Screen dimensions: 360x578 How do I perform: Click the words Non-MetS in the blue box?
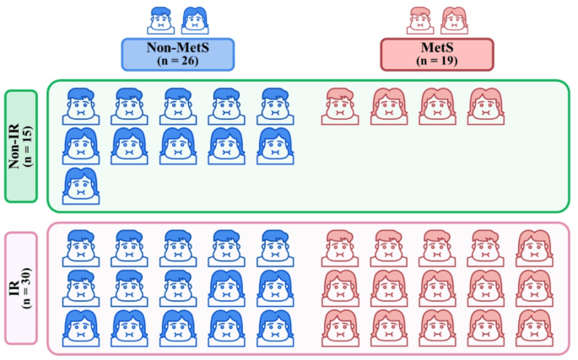click(177, 49)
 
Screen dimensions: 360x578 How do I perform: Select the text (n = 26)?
click(177, 62)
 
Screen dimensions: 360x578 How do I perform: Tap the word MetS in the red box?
click(436, 49)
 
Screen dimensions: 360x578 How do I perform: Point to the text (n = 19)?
click(436, 62)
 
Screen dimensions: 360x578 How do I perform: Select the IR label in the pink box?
click(14, 287)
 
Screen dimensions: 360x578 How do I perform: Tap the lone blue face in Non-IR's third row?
click(80, 185)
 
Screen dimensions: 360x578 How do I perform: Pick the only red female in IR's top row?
click(534, 248)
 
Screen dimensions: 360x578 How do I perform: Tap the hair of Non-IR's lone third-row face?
click(80, 175)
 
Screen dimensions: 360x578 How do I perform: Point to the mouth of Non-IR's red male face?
click(339, 112)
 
